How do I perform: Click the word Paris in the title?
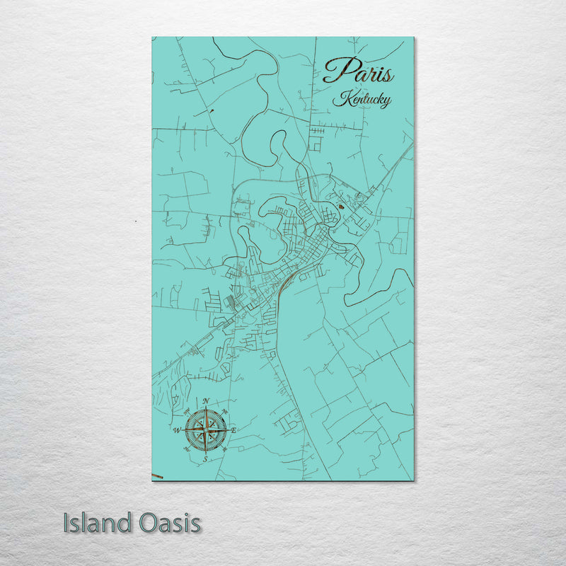[x=358, y=71]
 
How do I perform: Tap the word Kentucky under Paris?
[x=362, y=100]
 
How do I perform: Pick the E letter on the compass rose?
[x=234, y=430]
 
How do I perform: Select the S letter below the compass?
[x=205, y=458]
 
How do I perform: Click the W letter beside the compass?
[x=176, y=429]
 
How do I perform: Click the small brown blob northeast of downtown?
[x=342, y=207]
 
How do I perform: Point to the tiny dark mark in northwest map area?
[x=211, y=111]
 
